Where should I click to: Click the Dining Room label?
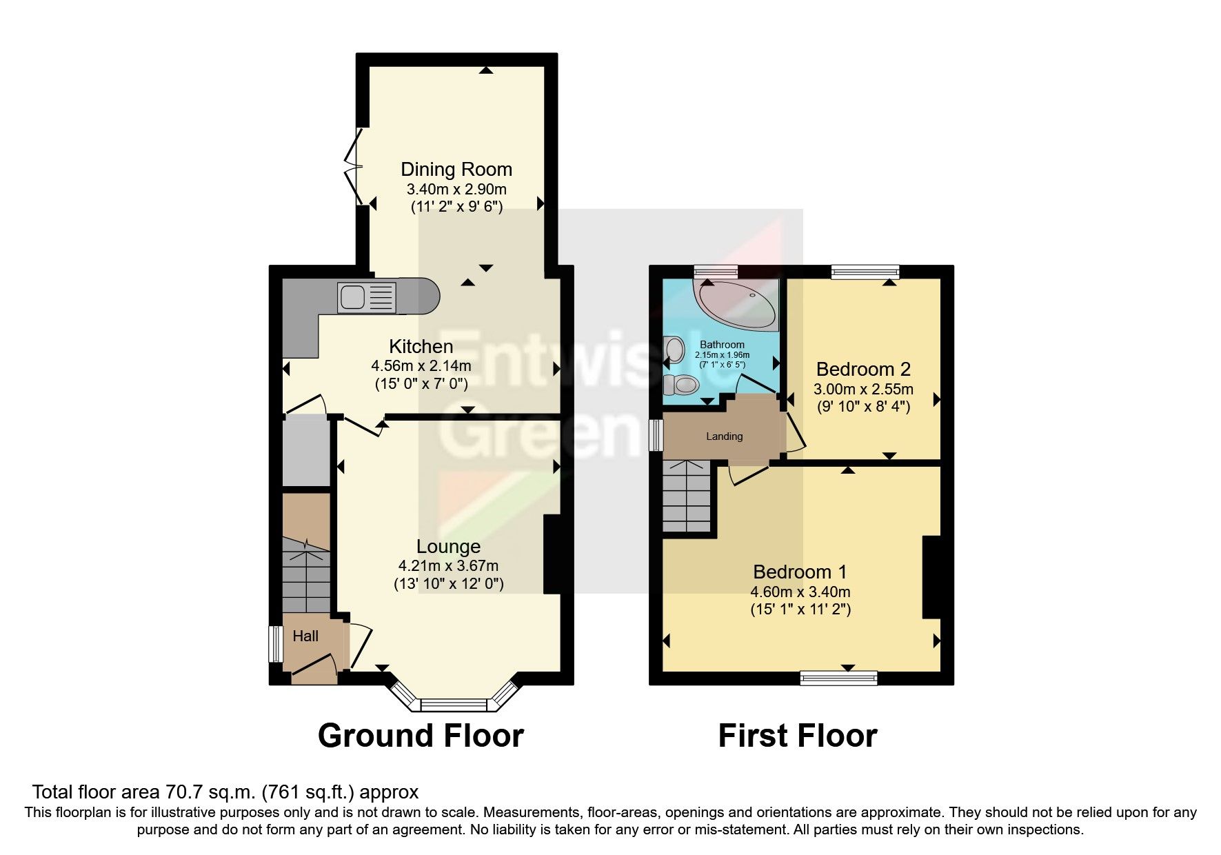456,170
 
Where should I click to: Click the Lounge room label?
448,547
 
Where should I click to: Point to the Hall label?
305,636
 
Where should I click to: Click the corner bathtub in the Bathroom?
737,303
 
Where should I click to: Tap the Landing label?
724,436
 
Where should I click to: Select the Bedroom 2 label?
863,369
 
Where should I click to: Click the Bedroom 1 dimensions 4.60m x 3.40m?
800,592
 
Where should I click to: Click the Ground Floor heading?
421,736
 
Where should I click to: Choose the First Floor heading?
797,736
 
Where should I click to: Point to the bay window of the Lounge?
454,704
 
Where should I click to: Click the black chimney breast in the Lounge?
553,554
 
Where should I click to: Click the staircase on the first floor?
687,496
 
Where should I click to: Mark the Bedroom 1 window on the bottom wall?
838,678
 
